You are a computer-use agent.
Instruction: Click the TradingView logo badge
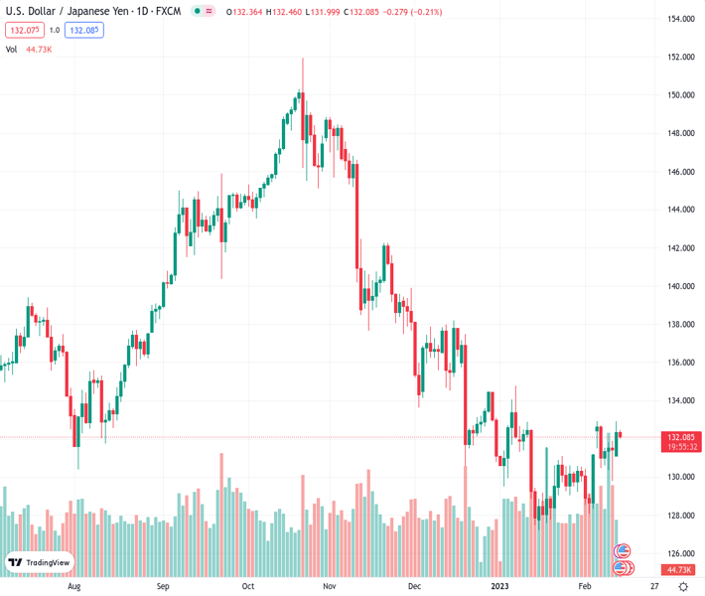point(40,562)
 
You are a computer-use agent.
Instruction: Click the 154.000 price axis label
point(680,19)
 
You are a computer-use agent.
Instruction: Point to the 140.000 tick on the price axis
point(680,286)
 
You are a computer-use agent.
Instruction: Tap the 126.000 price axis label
point(680,553)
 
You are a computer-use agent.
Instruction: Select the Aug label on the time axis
point(73,586)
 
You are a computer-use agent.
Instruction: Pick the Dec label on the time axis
point(414,586)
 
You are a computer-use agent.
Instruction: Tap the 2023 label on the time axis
point(500,586)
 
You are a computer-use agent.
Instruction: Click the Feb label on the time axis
point(585,586)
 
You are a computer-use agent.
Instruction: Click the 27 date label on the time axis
point(654,586)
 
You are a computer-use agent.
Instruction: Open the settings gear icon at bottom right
point(683,586)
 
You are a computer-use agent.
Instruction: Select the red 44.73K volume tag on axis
point(680,569)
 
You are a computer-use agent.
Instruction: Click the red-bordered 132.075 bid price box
point(23,31)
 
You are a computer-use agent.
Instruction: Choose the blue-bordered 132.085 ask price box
point(84,31)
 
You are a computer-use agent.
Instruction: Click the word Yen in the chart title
point(117,11)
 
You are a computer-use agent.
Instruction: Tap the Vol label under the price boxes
point(13,49)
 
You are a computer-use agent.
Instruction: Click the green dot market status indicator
point(198,12)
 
